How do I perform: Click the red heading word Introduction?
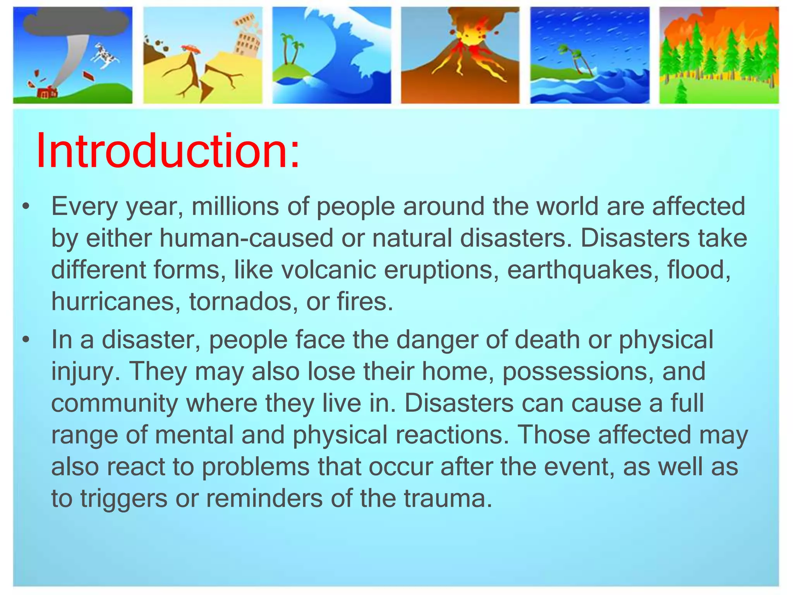click(x=167, y=151)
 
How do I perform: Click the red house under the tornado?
click(x=47, y=93)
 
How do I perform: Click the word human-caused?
click(x=246, y=238)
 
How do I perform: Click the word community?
click(x=114, y=403)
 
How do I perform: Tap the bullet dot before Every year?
click(x=26, y=207)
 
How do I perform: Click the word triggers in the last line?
click(x=124, y=499)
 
